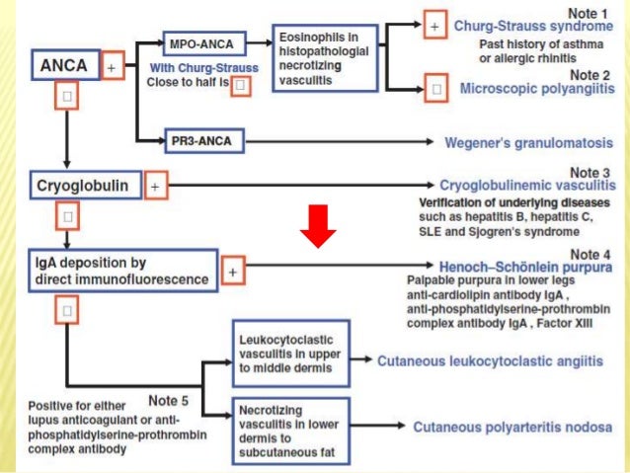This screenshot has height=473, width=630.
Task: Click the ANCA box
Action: click(x=64, y=67)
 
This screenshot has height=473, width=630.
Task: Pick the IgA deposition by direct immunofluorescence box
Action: click(x=122, y=270)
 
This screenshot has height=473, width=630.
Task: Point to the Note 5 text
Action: click(x=169, y=400)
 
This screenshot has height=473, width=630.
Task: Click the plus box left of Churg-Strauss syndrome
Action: click(x=433, y=27)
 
